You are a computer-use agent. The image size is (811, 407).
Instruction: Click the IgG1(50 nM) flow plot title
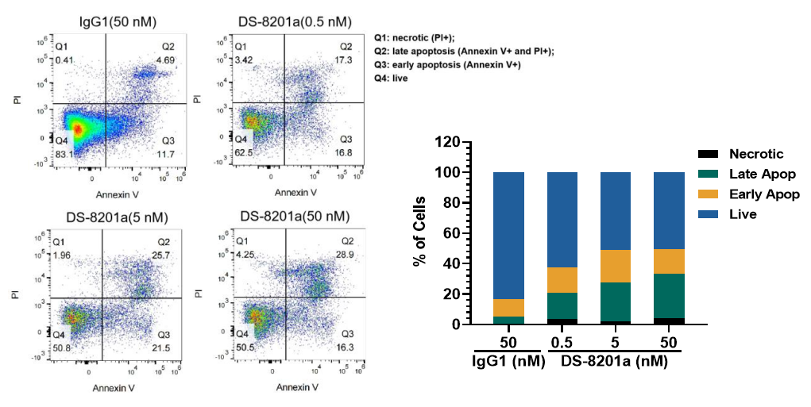(117, 21)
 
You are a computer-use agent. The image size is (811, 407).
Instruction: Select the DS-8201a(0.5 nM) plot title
(295, 21)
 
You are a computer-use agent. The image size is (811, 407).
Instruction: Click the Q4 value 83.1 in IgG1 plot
(65, 154)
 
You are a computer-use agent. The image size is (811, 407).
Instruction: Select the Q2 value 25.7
(162, 255)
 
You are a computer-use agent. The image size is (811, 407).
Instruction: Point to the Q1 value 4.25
(243, 255)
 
